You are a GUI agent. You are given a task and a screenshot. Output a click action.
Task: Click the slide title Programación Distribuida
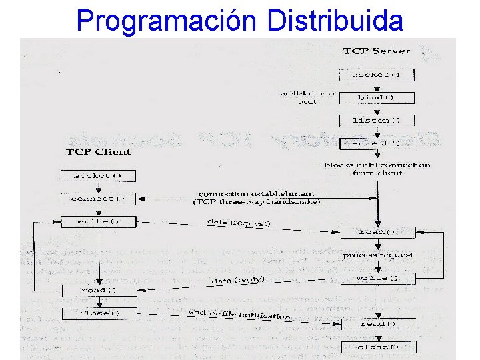[x=240, y=20]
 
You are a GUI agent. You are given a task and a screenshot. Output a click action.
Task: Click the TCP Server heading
[x=377, y=51]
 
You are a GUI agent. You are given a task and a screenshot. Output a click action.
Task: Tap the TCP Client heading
[x=98, y=151]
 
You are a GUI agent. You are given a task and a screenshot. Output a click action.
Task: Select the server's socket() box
[x=377, y=74]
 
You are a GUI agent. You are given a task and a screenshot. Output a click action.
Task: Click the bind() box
[x=377, y=97]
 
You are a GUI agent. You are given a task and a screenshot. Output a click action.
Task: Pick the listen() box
[x=377, y=120]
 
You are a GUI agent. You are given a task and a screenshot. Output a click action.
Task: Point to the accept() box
[x=377, y=143]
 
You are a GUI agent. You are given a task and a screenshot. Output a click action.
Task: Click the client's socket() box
[x=98, y=176]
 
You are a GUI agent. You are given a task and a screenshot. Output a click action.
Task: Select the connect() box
[x=98, y=199]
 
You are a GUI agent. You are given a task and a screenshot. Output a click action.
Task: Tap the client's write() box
[x=98, y=221]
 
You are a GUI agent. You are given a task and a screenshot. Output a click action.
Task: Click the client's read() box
[x=98, y=290]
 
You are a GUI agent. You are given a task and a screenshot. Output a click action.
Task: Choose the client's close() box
[x=98, y=313]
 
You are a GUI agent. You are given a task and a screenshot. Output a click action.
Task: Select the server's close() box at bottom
[x=378, y=347]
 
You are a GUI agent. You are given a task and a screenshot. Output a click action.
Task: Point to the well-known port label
[x=306, y=97]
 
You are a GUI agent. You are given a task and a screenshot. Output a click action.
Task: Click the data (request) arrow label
[x=238, y=223]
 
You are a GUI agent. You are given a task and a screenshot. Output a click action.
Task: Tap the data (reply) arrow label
[x=238, y=281]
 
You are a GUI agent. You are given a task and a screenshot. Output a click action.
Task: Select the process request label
[x=378, y=255]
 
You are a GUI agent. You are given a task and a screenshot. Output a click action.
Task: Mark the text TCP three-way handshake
[x=257, y=201]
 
